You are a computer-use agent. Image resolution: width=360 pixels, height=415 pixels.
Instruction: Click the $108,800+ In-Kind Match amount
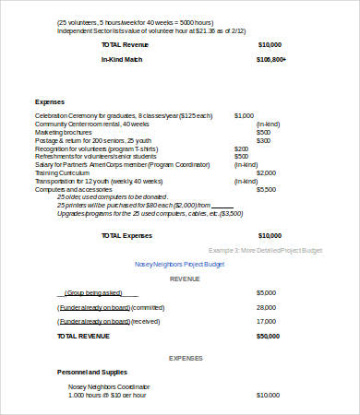271,60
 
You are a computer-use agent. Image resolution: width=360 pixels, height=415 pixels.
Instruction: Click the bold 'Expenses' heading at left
50,101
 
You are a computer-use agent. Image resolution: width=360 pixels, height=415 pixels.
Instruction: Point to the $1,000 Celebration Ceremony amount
244,115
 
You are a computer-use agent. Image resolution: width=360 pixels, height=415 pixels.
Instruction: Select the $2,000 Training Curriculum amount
266,172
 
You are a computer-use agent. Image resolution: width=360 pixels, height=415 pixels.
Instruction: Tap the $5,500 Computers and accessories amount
266,188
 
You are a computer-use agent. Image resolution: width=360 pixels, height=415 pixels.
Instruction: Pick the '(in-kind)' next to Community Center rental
268,124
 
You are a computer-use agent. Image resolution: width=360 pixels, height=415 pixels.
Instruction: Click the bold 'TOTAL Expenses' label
126,235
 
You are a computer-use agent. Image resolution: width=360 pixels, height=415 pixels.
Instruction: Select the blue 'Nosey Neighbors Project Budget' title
181,264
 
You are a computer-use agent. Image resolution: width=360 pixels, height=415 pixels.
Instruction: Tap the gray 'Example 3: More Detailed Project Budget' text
264,250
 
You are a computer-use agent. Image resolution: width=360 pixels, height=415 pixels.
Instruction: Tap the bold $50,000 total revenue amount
268,337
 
